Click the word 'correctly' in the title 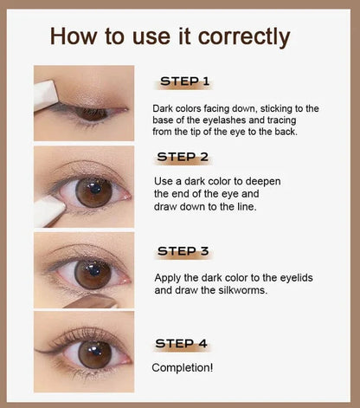(244, 36)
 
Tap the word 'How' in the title (74, 36)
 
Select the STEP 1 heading (184, 81)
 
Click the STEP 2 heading (183, 157)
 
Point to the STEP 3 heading (183, 251)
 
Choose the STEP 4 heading (181, 344)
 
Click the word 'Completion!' (183, 368)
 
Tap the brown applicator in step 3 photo (92, 301)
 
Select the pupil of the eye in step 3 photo (93, 272)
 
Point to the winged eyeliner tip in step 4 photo (35, 350)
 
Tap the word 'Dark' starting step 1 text (163, 108)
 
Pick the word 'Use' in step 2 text (164, 181)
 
